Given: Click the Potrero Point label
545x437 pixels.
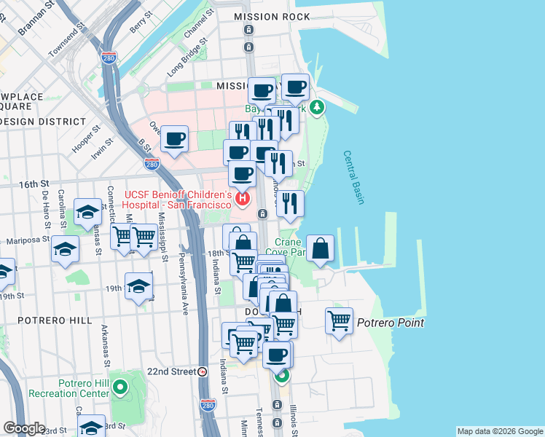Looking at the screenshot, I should pos(391,322).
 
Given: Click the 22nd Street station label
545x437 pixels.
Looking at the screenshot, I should pos(170,371).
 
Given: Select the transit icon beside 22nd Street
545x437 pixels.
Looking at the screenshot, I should pos(203,371).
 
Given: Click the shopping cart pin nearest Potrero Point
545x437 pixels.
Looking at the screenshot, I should pos(340,320).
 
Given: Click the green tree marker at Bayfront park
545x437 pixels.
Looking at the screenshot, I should pos(316,109).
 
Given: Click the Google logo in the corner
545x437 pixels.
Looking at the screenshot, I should pos(24,428).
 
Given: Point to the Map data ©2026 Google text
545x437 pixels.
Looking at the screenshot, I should pos(499,431).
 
